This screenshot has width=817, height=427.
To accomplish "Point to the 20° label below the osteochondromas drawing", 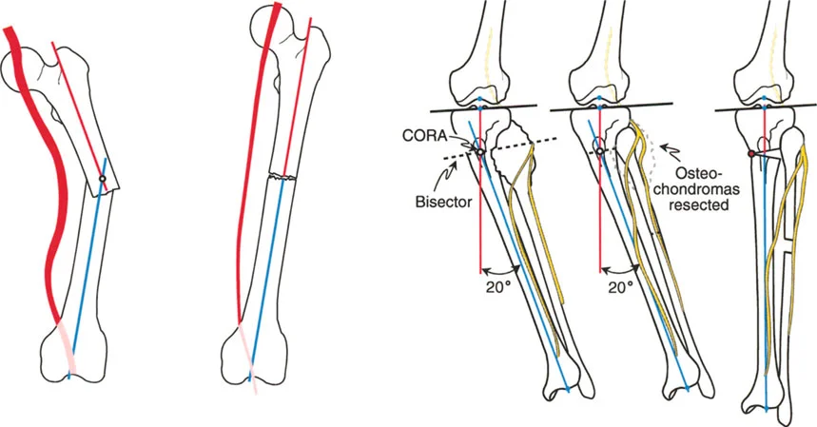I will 618,284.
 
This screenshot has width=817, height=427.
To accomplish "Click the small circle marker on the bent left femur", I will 102,178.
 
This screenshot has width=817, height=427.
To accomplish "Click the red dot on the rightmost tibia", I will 750,154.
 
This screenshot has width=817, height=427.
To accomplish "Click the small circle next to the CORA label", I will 479,151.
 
